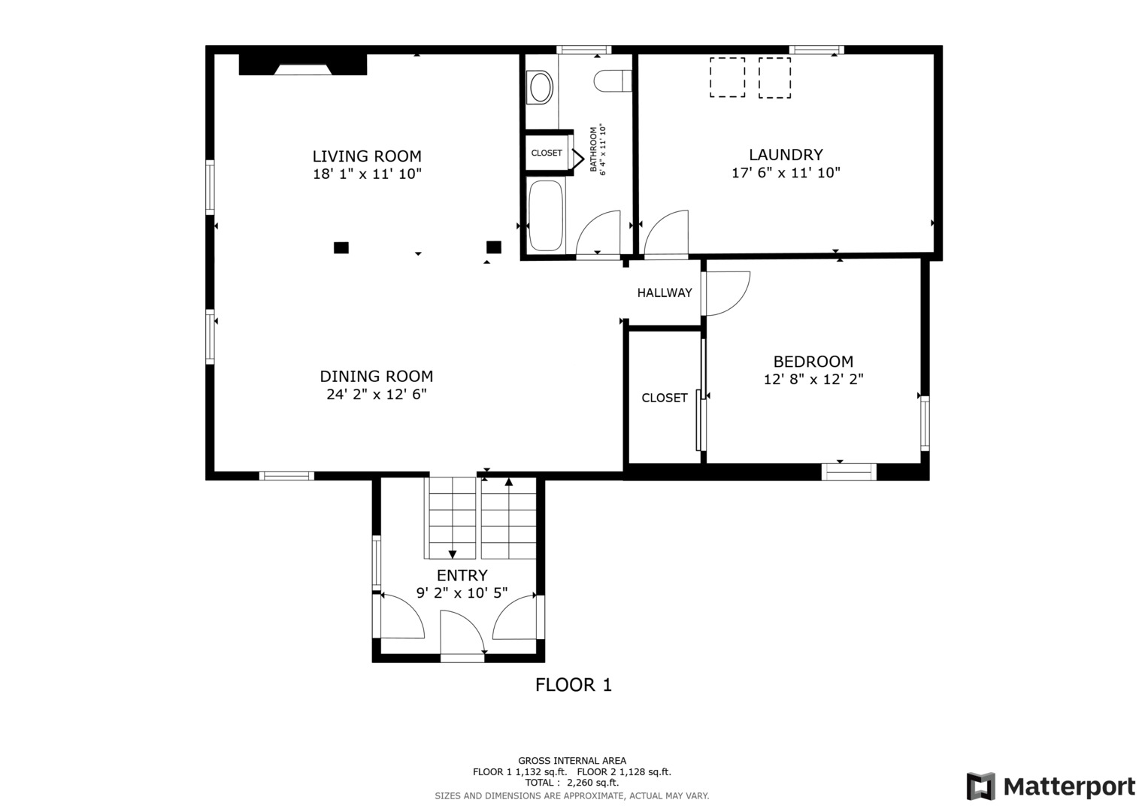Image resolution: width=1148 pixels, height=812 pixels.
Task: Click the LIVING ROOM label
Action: tap(367, 156)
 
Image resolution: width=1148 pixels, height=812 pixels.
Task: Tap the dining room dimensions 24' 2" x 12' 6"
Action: tap(377, 394)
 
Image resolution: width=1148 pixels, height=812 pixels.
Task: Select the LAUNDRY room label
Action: tap(786, 155)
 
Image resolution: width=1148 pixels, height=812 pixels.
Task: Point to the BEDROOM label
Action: tap(813, 362)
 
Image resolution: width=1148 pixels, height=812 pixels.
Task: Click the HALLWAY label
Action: tap(665, 292)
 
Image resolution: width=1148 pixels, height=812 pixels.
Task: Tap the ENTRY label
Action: tap(462, 575)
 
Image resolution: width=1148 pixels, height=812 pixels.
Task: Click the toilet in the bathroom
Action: tap(613, 80)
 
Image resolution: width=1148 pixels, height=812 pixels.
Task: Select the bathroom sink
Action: tap(541, 88)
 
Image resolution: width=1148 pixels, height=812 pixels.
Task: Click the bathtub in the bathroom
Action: tap(546, 215)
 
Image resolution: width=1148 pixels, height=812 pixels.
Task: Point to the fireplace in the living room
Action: tap(303, 65)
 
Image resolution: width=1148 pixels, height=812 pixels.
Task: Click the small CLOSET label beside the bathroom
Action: tap(547, 153)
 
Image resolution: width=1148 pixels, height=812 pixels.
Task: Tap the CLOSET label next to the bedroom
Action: tap(664, 398)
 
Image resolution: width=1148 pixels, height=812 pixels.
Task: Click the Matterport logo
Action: tap(1051, 786)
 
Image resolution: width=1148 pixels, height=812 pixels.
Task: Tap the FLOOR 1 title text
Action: tap(574, 685)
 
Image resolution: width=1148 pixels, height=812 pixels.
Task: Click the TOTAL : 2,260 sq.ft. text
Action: tap(572, 783)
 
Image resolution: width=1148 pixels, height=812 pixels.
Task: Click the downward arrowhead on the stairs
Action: tap(453, 554)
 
